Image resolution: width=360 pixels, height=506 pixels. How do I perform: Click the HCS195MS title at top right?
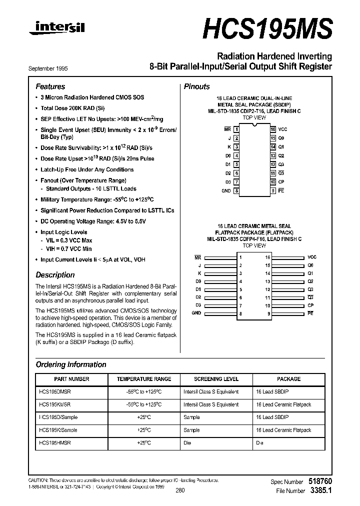coord(267,28)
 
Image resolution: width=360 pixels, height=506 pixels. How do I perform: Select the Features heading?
coord(50,86)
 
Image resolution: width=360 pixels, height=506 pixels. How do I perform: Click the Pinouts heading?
coord(196,86)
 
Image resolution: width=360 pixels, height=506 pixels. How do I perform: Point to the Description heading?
coord(55,275)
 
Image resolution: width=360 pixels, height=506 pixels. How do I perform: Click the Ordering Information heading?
coord(71,364)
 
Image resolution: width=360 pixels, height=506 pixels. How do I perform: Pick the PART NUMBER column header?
coord(71,379)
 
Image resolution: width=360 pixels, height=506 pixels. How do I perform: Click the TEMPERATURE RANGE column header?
coord(144,379)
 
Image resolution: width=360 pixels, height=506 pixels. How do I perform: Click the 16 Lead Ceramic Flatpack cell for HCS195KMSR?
coord(283,404)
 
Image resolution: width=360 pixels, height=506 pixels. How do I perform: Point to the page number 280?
coord(180,490)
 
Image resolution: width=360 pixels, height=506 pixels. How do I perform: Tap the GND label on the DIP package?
coord(225,191)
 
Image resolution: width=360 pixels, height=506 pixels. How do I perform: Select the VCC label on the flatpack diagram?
coord(311,257)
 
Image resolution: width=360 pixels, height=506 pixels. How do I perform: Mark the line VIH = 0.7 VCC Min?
coord(68,248)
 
